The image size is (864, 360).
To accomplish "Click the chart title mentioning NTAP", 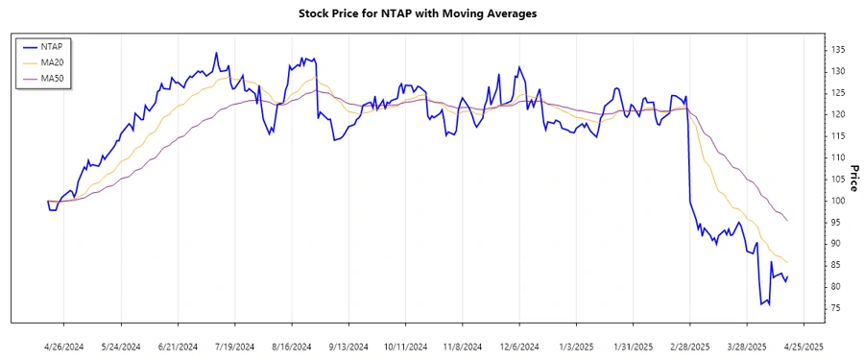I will (x=431, y=13).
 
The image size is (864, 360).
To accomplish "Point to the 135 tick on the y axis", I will (x=837, y=49).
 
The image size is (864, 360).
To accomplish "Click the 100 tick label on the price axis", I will (x=837, y=201).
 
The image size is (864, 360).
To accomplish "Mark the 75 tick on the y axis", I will (x=836, y=308).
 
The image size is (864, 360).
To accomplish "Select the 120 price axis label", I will (x=837, y=114).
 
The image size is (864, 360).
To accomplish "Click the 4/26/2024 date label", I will (x=64, y=346).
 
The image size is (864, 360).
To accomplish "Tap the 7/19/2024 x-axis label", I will (x=235, y=346).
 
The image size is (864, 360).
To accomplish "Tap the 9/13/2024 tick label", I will (x=348, y=346).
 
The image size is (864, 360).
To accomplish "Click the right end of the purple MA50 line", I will (x=788, y=221).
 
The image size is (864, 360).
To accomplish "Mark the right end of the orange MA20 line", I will (x=788, y=262).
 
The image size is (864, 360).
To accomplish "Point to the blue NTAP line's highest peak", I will (x=216, y=53).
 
